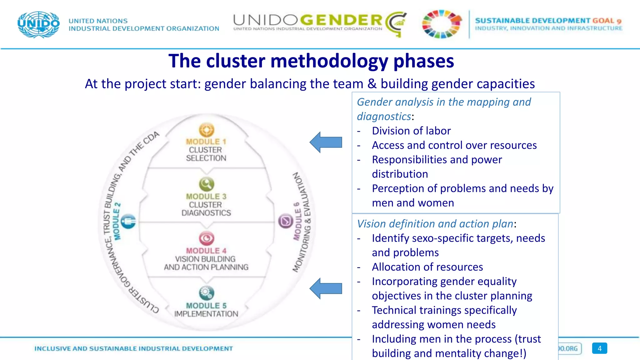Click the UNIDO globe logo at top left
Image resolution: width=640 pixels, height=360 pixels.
[x=38, y=25]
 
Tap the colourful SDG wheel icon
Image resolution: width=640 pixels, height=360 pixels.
[x=442, y=24]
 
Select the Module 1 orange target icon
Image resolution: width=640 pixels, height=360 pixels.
[x=207, y=130]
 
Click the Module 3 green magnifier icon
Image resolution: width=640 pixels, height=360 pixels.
[x=207, y=184]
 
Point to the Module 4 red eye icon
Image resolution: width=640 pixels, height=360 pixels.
[x=207, y=238]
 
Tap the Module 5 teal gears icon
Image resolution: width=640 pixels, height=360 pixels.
[x=207, y=293]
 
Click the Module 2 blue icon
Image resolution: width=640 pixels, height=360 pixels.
[x=128, y=222]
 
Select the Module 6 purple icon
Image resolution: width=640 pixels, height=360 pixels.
[x=286, y=221]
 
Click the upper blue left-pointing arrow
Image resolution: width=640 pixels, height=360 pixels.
[x=326, y=142]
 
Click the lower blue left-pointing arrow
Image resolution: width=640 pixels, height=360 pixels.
[x=326, y=288]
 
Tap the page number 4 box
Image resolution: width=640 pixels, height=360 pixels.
[x=599, y=348]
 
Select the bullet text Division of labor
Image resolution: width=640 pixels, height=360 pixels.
[x=411, y=131]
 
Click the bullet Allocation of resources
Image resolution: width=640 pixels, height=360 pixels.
[x=427, y=267]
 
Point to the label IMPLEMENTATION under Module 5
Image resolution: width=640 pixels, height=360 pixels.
[x=206, y=314]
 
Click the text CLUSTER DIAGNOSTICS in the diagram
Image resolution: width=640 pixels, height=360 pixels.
[x=206, y=209]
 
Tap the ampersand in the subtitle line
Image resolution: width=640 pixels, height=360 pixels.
[x=372, y=84]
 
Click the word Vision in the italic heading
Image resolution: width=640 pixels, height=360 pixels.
[x=372, y=224]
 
